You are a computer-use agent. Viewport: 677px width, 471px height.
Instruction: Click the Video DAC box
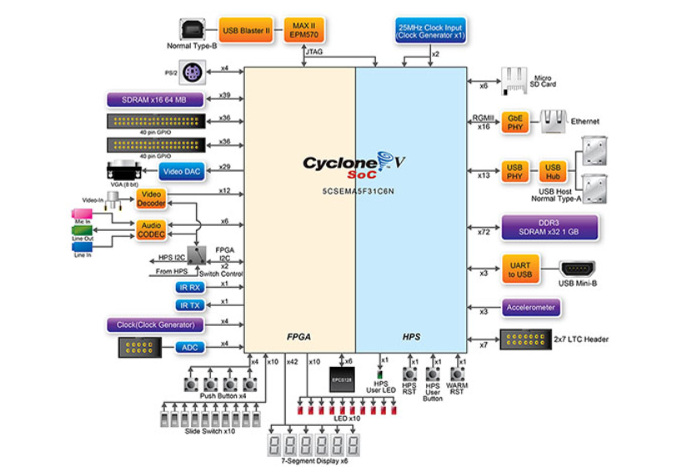pos(183,171)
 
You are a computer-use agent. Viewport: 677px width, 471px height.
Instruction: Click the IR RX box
pos(189,287)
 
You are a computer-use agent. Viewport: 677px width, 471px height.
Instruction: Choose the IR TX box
pos(189,305)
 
